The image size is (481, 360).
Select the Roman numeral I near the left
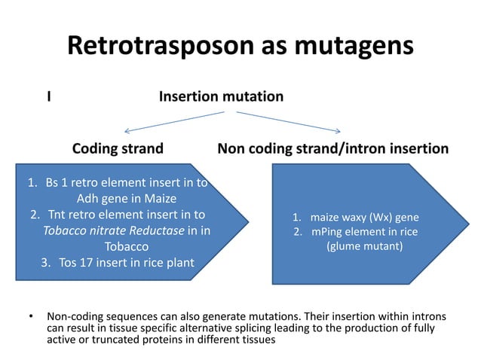(x=49, y=97)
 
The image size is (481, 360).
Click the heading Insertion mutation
(x=221, y=97)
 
